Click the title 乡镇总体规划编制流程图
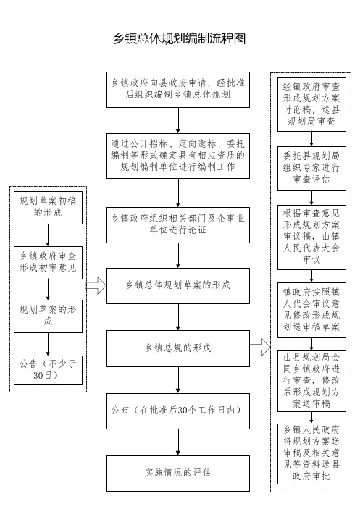coord(179,38)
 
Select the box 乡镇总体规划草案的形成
coord(178,286)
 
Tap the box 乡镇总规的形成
coord(178,349)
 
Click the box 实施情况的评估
coord(178,474)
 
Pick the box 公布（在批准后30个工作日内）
coord(178,411)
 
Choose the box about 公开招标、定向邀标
coord(178,156)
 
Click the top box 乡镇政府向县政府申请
coord(178,90)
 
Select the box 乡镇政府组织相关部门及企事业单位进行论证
coord(178,225)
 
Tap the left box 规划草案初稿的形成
coord(48,207)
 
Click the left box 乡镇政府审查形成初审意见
coord(48,263)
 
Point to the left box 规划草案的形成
coord(48,316)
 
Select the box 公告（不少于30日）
coord(48,371)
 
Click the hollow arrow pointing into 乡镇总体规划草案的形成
coord(96,286)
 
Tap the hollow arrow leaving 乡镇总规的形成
coord(260,347)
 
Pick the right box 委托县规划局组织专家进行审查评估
coord(311,169)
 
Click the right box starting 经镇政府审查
coord(311,104)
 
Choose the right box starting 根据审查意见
coord(311,237)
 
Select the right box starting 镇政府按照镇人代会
coord(311,311)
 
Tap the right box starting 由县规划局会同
coord(311,381)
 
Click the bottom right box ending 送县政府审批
coord(311,454)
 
